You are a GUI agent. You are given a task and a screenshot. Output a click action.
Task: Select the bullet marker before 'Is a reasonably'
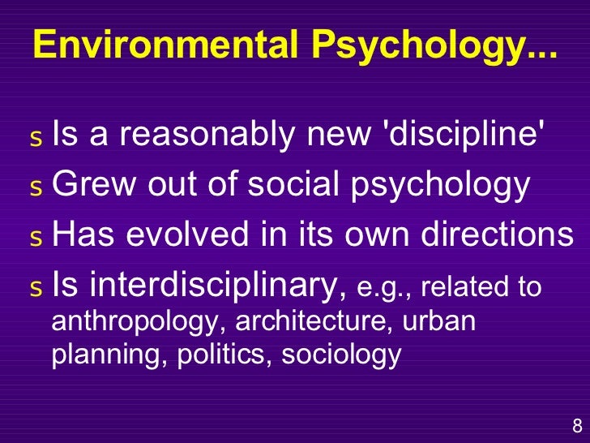tap(34, 140)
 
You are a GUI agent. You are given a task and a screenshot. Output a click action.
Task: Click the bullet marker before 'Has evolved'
tap(34, 238)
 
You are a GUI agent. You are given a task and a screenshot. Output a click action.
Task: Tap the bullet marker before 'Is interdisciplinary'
tap(34, 287)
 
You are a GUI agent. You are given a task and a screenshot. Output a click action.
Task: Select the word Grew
tap(90, 186)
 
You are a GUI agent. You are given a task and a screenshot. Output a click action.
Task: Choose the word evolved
tap(199, 235)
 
